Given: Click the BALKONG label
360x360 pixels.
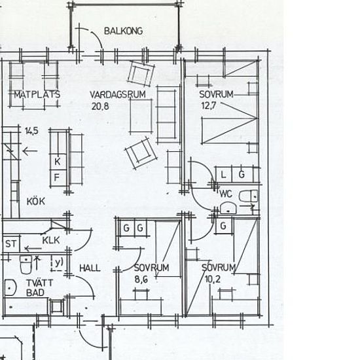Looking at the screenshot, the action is (124, 31).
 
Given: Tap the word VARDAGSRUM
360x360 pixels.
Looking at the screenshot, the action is (118, 95).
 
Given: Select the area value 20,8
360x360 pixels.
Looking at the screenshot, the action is (100, 106).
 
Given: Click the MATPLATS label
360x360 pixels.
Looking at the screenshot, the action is (37, 94).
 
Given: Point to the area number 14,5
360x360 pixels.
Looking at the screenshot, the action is (31, 131).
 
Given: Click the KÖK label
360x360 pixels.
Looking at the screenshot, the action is (36, 202).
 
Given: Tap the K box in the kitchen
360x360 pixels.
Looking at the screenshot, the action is (58, 162).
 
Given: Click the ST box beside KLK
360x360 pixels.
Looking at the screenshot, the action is (11, 243).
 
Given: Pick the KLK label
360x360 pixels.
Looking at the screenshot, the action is (51, 240).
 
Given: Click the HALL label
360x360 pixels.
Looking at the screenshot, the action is (90, 268).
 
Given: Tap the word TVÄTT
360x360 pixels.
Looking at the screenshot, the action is (39, 283).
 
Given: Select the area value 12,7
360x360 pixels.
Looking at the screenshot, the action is (208, 105).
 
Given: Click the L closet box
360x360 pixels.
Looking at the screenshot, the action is (224, 175).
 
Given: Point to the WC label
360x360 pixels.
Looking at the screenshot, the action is (226, 194).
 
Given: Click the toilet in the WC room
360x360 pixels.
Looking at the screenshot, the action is (249, 196).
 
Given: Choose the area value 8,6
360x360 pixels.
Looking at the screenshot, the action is (141, 279).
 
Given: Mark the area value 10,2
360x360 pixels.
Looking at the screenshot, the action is (212, 279).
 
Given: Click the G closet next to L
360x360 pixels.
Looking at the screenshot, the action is (242, 175).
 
